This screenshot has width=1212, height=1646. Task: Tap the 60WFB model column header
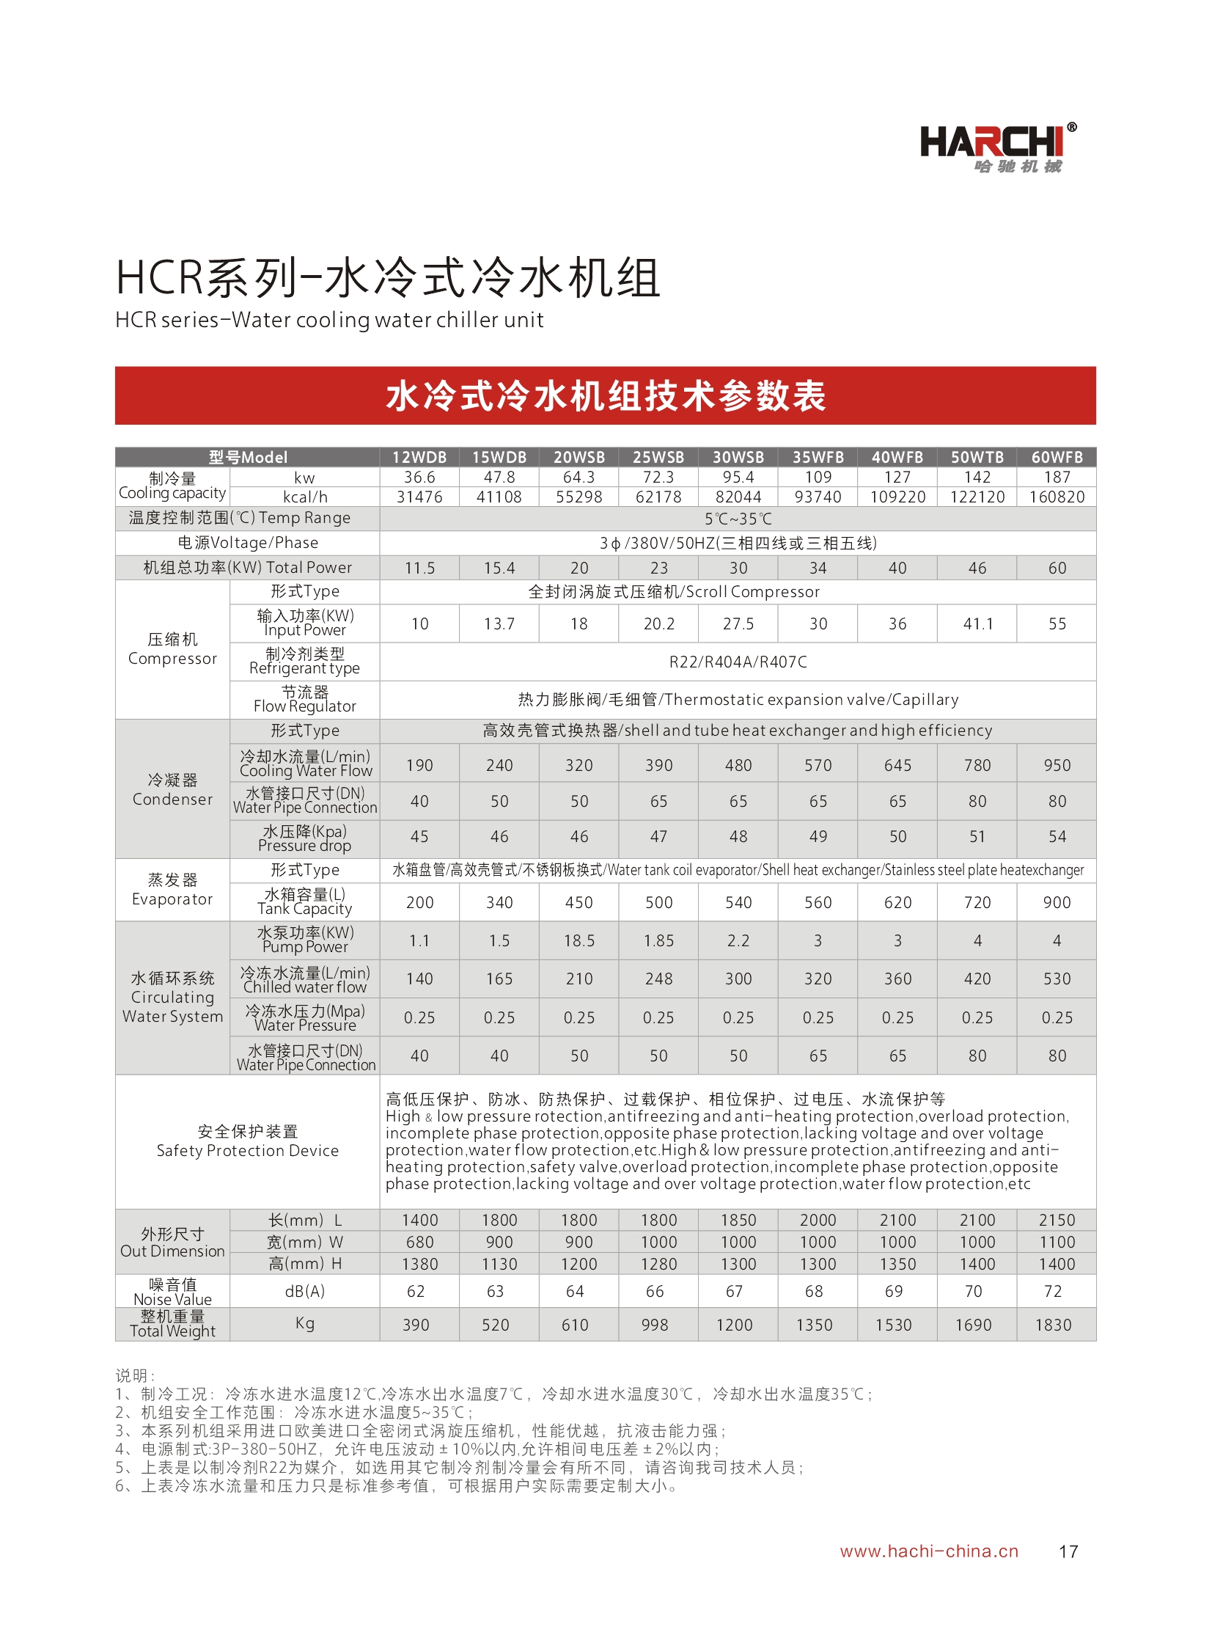pyautogui.click(x=1057, y=457)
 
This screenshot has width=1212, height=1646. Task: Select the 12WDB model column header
pyautogui.click(x=419, y=457)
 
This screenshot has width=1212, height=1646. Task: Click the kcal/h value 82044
pyautogui.click(x=738, y=497)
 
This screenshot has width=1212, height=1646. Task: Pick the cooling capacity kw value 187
pyautogui.click(x=1057, y=477)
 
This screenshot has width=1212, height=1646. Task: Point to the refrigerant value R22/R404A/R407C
pyautogui.click(x=738, y=662)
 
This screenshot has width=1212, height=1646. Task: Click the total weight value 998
pyautogui.click(x=655, y=1325)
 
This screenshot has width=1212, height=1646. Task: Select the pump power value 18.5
pyautogui.click(x=579, y=941)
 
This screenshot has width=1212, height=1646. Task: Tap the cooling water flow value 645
pyautogui.click(x=897, y=765)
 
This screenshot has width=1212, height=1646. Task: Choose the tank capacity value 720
pyautogui.click(x=977, y=903)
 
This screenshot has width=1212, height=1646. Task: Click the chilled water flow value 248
pyautogui.click(x=658, y=979)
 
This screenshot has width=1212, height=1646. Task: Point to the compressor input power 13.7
pyautogui.click(x=499, y=623)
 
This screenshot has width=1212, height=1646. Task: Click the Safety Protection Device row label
pyautogui.click(x=247, y=1141)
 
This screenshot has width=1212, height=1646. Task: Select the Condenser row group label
pyautogui.click(x=172, y=789)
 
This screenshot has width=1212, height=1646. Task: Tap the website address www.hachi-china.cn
pyautogui.click(x=929, y=1551)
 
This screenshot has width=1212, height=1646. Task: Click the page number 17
pyautogui.click(x=1068, y=1551)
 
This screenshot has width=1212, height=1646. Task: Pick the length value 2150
pyautogui.click(x=1057, y=1220)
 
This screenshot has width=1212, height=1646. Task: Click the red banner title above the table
pyautogui.click(x=605, y=395)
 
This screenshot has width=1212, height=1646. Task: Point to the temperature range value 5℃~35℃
pyautogui.click(x=738, y=519)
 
